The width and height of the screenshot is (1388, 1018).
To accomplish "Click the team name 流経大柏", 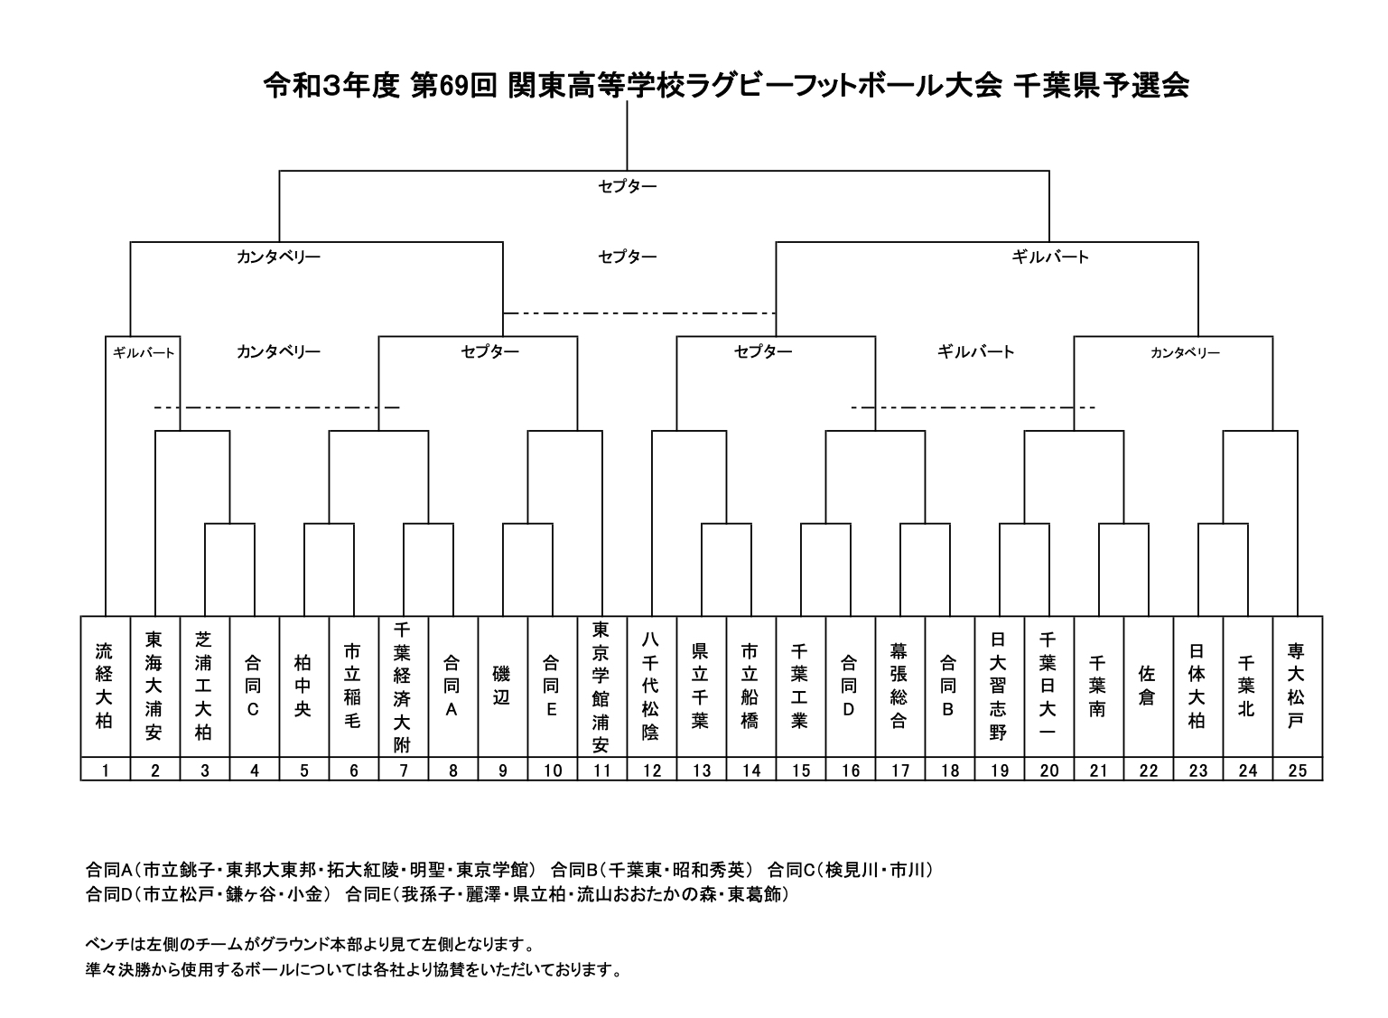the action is point(104,686).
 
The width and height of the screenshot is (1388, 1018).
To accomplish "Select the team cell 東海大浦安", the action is point(154,686).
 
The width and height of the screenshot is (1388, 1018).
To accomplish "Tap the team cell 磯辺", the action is point(501,686).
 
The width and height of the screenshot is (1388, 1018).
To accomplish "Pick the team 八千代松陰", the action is point(650,686).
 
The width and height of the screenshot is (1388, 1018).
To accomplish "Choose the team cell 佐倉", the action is point(1147,686).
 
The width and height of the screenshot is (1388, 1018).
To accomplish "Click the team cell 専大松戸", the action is point(1296,686).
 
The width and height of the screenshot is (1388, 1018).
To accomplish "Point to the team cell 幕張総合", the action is point(899,686).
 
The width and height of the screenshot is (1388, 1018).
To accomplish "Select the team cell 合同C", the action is point(253,686).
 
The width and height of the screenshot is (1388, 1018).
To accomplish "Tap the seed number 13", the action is point(702,771).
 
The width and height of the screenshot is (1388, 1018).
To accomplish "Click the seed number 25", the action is point(1298,771).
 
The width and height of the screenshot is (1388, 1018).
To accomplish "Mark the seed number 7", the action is point(404,771).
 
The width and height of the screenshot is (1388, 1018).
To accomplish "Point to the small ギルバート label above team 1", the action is point(144,353).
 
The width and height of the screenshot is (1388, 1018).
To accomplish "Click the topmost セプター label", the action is point(627,186).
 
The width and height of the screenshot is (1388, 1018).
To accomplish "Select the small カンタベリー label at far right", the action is point(1186,353).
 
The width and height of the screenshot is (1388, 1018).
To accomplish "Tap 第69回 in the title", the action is point(454,86).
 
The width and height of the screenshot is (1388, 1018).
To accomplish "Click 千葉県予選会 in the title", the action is point(1101,86).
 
